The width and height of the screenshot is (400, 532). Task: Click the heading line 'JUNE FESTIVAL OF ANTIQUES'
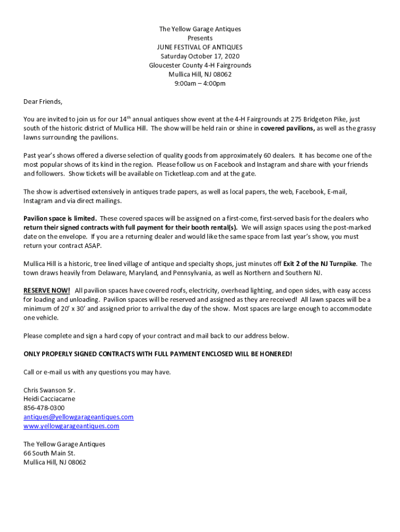pos(200,47)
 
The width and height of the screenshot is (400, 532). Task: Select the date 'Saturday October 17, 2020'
pos(200,56)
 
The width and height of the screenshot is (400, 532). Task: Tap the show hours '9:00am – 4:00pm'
pos(200,84)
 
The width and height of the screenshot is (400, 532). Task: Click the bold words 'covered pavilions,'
pos(287,128)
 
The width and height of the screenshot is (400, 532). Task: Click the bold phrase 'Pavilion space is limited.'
pos(60,219)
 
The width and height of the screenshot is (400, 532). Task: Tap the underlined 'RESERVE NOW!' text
pos(47,290)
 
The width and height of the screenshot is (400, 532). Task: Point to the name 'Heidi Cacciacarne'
pos(49,399)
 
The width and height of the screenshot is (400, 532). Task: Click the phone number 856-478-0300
pos(44,408)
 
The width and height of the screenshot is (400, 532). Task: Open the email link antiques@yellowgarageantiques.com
pos(78,417)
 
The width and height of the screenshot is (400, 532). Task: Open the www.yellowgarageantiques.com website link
pos(71,426)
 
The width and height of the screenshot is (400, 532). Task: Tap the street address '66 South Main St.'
pos(49,453)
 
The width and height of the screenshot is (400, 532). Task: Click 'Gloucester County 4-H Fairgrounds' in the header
pos(200,65)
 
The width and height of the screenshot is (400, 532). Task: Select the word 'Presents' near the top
pos(200,38)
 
